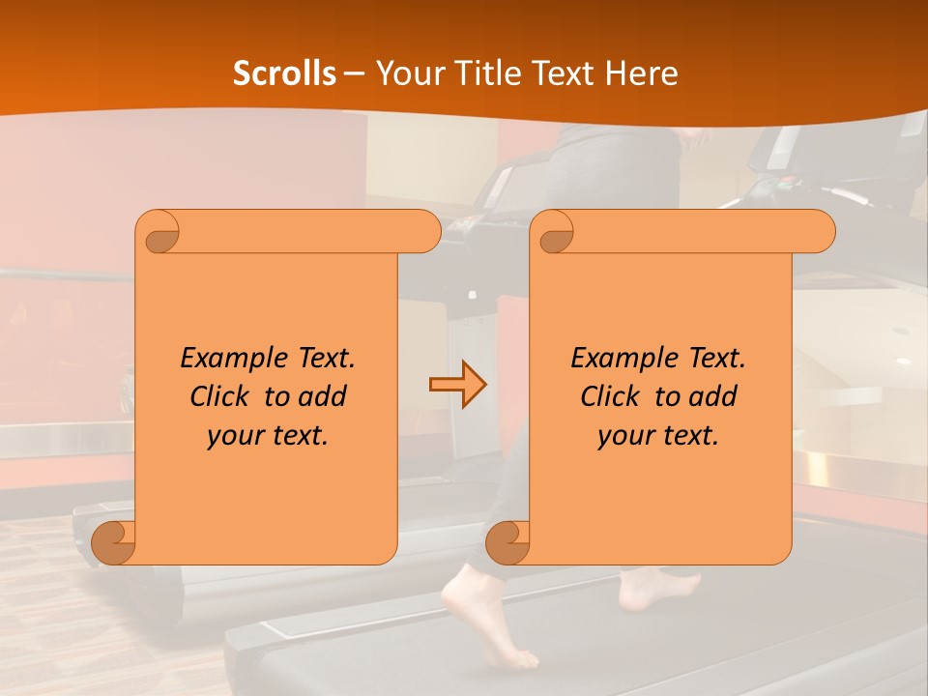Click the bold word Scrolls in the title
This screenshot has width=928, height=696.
(285, 72)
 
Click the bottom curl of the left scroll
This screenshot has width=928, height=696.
(114, 542)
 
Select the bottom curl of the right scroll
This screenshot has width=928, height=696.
(507, 542)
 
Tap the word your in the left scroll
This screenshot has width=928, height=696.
(233, 436)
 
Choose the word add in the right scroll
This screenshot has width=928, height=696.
(715, 396)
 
